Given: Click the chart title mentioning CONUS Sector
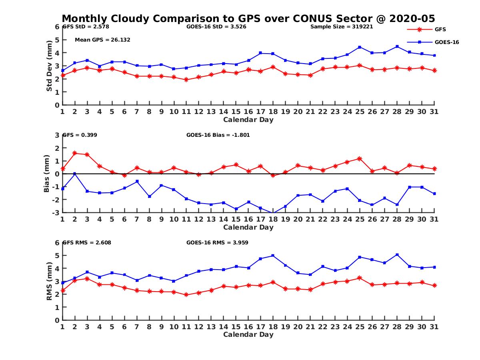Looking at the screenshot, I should pyautogui.click(x=248, y=19).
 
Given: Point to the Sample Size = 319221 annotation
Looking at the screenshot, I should pyautogui.click(x=342, y=27).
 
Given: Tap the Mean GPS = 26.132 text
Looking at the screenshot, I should pyautogui.click(x=102, y=40).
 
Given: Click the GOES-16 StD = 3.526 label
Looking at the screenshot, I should pyautogui.click(x=216, y=27).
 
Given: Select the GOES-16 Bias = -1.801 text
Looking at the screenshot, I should pyautogui.click(x=218, y=135).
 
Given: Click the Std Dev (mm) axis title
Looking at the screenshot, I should pyautogui.click(x=49, y=66).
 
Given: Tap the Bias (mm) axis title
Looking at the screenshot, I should pyautogui.click(x=47, y=174).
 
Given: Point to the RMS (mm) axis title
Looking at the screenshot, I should pyautogui.click(x=49, y=281).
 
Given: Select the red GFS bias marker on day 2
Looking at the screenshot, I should pyautogui.click(x=75, y=153).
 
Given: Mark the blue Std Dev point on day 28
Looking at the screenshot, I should pyautogui.click(x=397, y=46).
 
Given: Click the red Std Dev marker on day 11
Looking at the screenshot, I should pyautogui.click(x=186, y=80).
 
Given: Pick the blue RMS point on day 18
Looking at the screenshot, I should pyautogui.click(x=274, y=255).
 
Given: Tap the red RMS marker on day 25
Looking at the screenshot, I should pyautogui.click(x=360, y=278).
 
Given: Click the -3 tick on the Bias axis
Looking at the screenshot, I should pyautogui.click(x=56, y=212).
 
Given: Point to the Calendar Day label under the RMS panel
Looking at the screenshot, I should pyautogui.click(x=248, y=334).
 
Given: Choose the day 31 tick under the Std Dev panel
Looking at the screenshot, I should pyautogui.click(x=434, y=112).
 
